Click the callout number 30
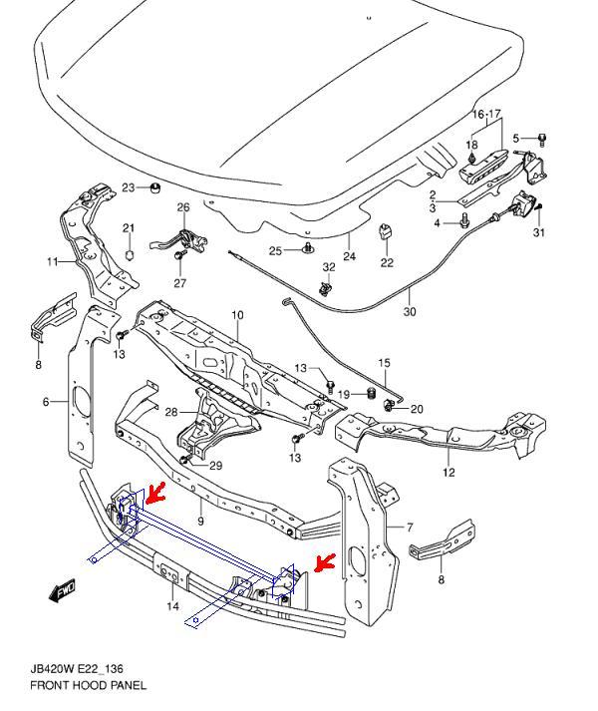[x=410, y=312]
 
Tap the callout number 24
[x=350, y=256]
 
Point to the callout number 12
[x=448, y=473]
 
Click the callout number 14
[x=173, y=606]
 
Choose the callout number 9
[x=200, y=521]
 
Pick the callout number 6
[x=408, y=526]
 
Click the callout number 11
[x=52, y=262]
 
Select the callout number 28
[x=170, y=412]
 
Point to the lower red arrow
[x=323, y=564]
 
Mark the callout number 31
[x=539, y=233]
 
